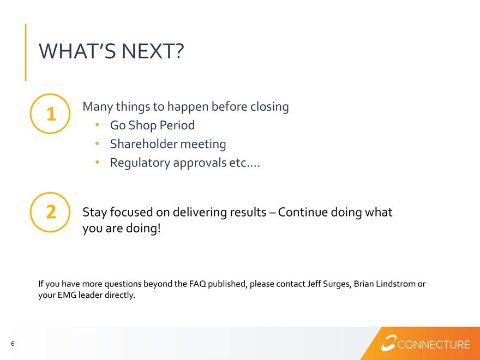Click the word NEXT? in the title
pos(153,51)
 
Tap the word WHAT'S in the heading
pos(77,51)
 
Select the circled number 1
pos(50,113)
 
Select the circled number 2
pos(50,212)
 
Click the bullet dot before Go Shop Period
pos(97,124)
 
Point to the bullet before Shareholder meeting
pos(97,143)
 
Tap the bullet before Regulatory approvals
pos(97,162)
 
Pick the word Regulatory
pos(140,163)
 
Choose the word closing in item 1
pos(269,107)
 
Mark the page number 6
pos(13,344)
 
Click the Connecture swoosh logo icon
pos(388,343)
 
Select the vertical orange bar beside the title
pos(26,52)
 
